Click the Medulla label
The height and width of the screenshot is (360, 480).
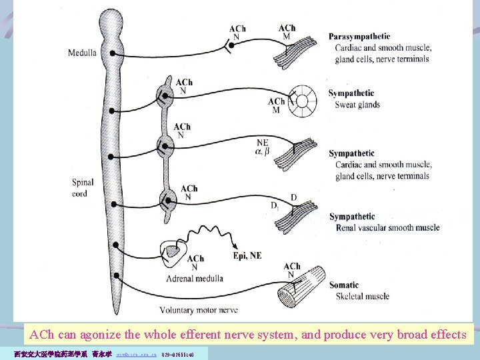coord(81,53)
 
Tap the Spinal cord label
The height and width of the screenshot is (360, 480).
coord(83,187)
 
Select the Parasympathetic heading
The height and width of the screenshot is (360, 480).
coord(359,36)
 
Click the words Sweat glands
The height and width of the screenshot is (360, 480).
coord(359,105)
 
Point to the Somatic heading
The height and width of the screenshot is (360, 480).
coord(344,285)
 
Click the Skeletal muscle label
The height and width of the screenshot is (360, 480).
coord(363,296)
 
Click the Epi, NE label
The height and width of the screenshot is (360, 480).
coord(247,255)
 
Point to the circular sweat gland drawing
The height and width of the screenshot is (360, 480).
coord(308,102)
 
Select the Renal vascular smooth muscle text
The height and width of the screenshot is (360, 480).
coord(388,227)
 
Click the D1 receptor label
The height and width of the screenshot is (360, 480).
coord(274,206)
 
